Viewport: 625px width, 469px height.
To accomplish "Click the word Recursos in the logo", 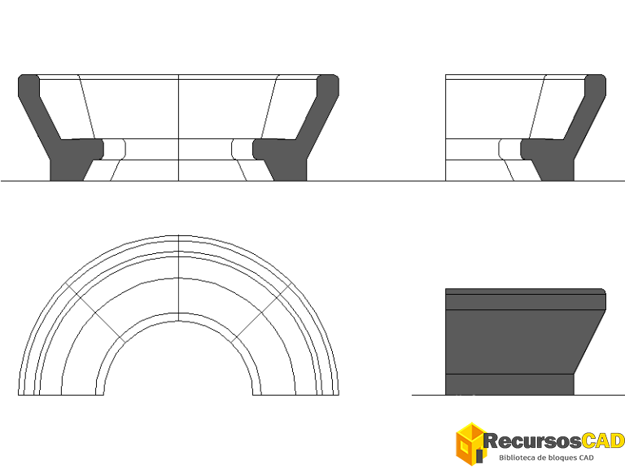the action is tap(531, 441).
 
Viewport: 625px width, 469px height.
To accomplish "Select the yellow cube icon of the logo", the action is tap(470, 444).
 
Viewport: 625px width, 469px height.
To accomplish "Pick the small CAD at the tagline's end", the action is tap(586, 458).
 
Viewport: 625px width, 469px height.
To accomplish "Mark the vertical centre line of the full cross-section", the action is tap(178, 128).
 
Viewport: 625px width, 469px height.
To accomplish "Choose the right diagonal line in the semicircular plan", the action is tap(262, 313).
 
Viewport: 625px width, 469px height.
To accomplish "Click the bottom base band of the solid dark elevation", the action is tap(509, 384).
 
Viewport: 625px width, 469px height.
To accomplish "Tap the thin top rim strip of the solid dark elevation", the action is tap(526, 291).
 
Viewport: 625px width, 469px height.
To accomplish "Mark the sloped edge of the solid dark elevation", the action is tap(590, 342).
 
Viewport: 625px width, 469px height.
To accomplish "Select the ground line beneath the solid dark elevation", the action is tap(518, 395).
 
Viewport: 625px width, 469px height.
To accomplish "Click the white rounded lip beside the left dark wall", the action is tap(114, 149).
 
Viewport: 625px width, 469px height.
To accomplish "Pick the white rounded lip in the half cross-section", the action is tap(509, 149).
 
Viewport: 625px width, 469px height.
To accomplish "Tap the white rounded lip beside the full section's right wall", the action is tap(243, 149).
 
